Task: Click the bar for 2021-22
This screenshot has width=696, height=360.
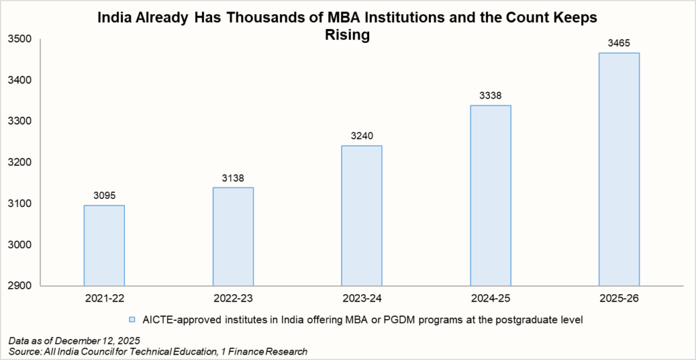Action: tap(104, 245)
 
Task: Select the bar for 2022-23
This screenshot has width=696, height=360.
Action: tap(233, 236)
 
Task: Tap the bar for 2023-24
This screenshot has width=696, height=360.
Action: tap(362, 215)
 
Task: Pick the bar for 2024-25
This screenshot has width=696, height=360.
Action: tap(491, 195)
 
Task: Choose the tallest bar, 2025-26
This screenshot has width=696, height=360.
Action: tap(619, 169)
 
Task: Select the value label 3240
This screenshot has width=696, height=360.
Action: tap(362, 137)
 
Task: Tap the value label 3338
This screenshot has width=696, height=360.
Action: tap(491, 96)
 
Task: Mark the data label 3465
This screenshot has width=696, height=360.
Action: tap(619, 43)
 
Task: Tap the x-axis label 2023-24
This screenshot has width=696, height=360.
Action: tap(362, 298)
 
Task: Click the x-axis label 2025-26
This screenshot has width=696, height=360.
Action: tap(619, 298)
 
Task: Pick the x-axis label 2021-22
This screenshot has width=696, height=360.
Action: tap(104, 298)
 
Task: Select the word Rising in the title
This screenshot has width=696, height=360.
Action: tap(348, 35)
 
